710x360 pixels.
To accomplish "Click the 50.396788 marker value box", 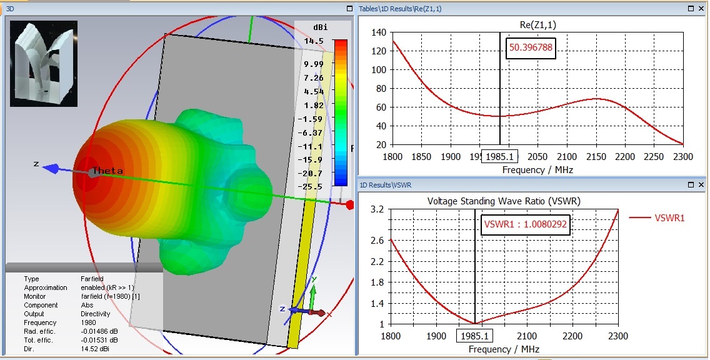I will (x=531, y=48).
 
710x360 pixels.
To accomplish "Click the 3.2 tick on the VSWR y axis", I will (x=377, y=209).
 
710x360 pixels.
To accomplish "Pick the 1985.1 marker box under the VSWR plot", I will (x=474, y=337).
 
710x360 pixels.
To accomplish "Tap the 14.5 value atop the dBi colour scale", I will (x=314, y=41).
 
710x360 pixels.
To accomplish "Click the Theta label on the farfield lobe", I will (x=107, y=171).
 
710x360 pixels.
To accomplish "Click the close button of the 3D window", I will (x=349, y=9).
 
